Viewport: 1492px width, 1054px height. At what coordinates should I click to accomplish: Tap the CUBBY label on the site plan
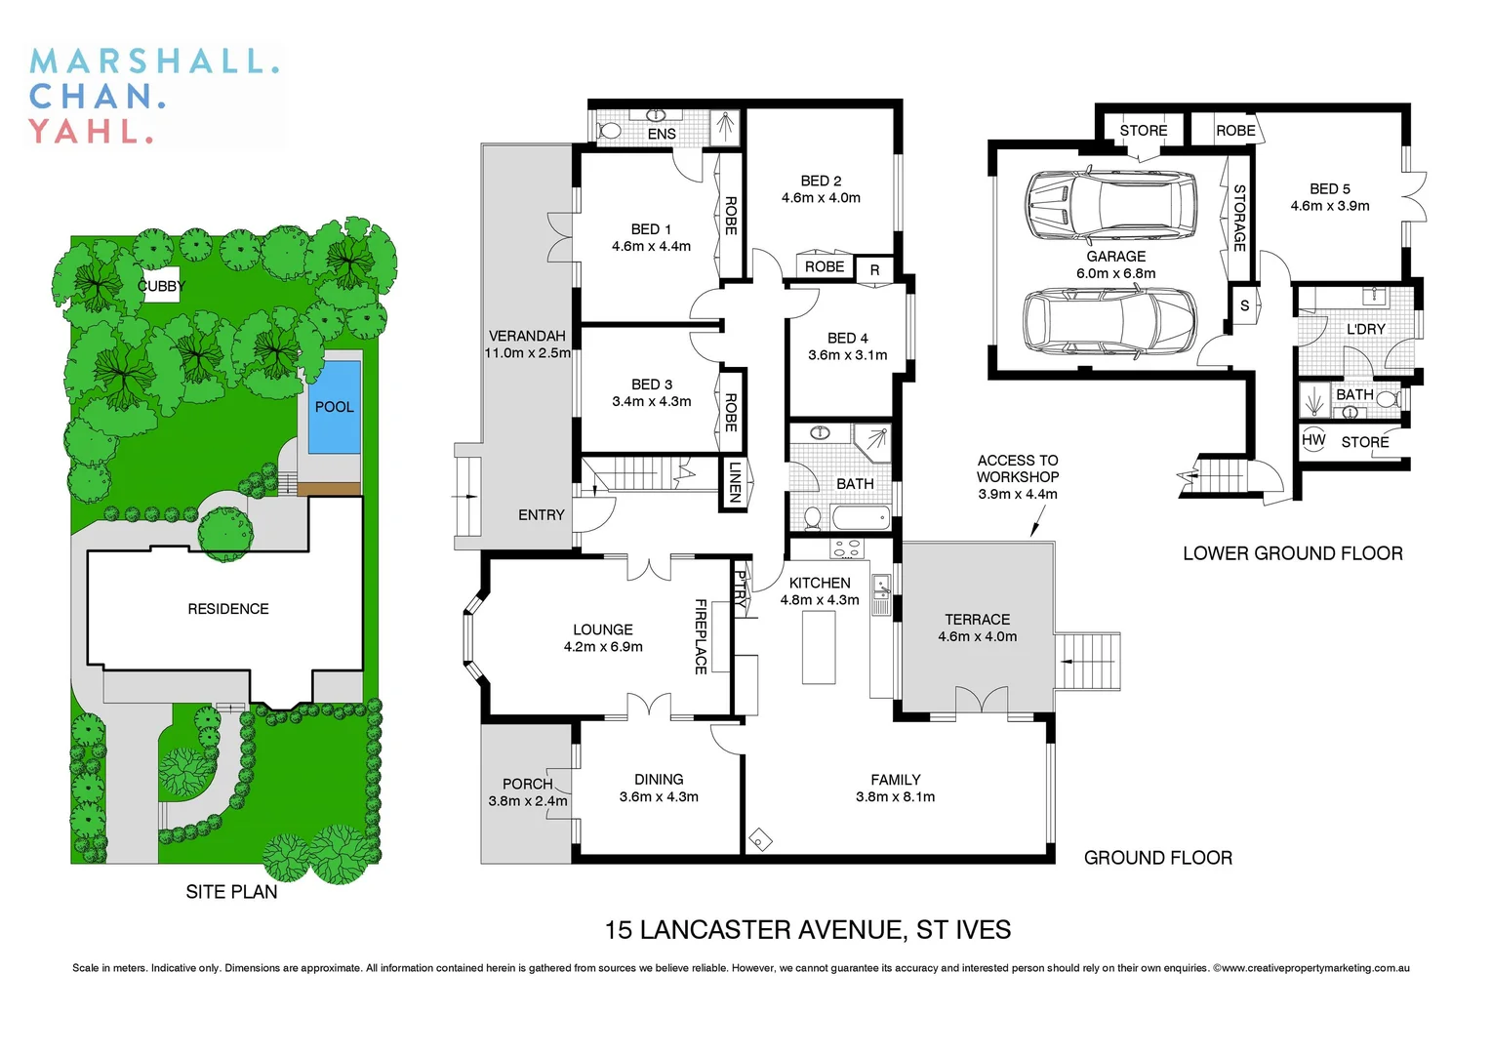[x=161, y=286]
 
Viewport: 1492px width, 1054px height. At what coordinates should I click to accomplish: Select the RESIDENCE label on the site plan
[x=228, y=609]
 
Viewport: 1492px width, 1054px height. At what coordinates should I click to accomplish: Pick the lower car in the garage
[x=1109, y=322]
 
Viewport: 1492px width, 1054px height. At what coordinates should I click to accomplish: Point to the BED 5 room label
[x=1329, y=189]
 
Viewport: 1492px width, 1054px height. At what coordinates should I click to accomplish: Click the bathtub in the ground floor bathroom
[x=861, y=517]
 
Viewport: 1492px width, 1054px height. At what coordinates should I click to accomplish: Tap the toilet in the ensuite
[x=610, y=131]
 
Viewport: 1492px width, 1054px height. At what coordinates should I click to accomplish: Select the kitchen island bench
[x=819, y=648]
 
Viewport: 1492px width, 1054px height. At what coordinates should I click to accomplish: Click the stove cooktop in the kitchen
[x=845, y=548]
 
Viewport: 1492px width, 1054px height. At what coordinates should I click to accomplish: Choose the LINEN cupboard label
[x=735, y=481]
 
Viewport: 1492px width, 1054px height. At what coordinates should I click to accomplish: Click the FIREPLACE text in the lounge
[x=701, y=636]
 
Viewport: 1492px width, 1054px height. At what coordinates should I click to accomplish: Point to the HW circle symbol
[x=1313, y=440]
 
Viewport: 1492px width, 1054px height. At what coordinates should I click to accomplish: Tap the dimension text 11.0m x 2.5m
[x=527, y=353]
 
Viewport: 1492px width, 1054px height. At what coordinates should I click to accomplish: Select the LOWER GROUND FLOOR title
[x=1292, y=554]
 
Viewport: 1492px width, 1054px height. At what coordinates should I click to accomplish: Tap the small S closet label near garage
[x=1244, y=305]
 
